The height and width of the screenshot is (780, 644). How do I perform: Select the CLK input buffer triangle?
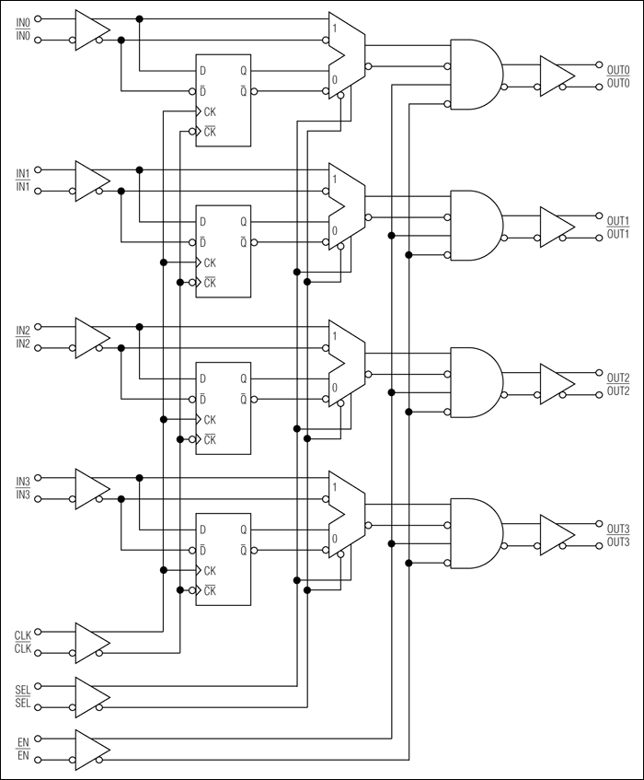(90, 642)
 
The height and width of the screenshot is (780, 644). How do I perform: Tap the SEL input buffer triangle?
(90, 695)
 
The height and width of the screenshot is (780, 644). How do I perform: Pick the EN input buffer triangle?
(90, 748)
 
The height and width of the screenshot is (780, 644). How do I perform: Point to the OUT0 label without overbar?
(618, 68)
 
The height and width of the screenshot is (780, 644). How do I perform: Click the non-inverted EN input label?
(23, 741)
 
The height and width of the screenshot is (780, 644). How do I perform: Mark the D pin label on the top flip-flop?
(203, 70)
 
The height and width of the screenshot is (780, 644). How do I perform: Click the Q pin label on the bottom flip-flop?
(244, 530)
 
